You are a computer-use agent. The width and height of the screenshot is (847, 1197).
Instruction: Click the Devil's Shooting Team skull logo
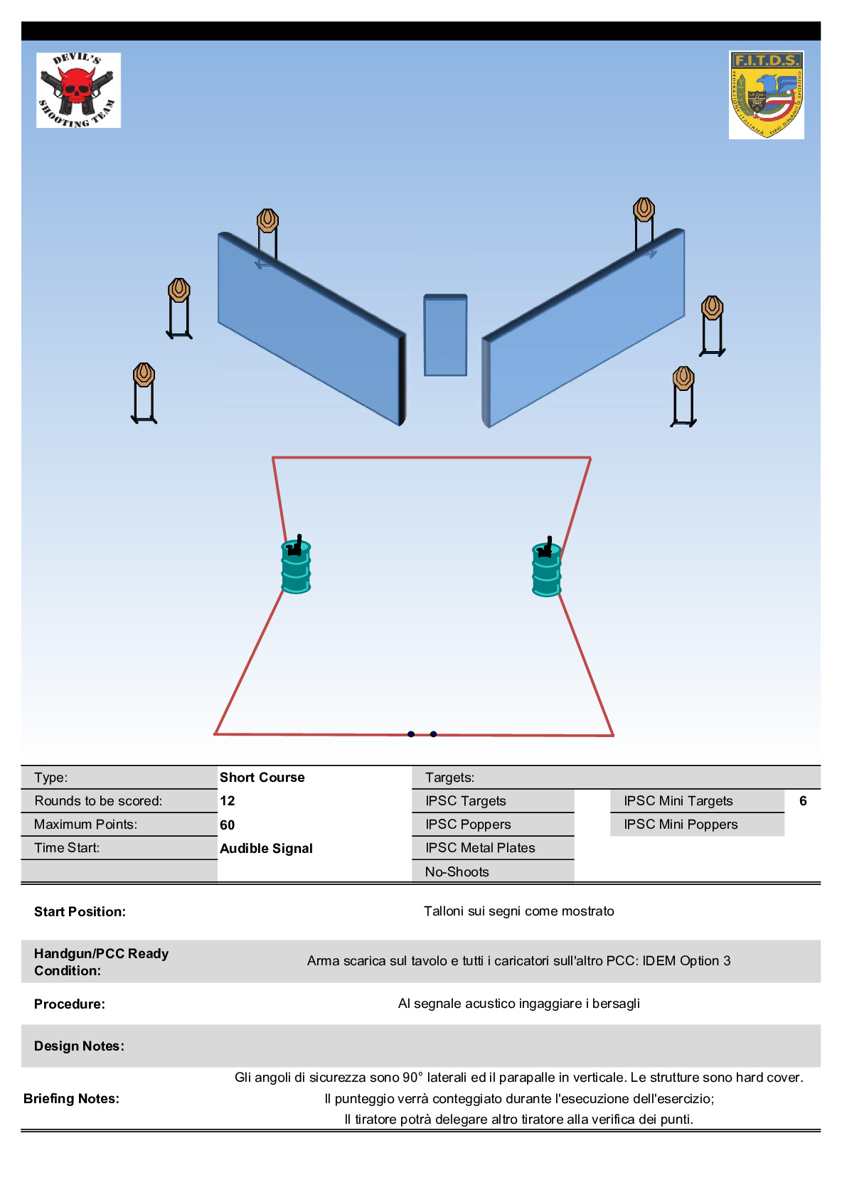click(x=78, y=90)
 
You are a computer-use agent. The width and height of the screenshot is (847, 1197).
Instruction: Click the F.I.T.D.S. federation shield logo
click(x=766, y=95)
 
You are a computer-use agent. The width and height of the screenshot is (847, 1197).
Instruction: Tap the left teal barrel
click(x=296, y=567)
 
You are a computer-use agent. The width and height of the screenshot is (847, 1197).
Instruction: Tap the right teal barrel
click(x=546, y=569)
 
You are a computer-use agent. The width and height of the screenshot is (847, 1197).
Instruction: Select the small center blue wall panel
click(x=446, y=336)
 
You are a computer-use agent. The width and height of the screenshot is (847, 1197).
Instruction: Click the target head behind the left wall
click(x=267, y=220)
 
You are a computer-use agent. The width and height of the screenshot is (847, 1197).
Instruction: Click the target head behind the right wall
click(x=644, y=210)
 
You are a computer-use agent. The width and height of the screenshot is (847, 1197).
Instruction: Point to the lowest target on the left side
click(x=144, y=375)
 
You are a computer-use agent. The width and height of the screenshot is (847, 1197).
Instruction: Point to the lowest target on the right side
click(x=683, y=378)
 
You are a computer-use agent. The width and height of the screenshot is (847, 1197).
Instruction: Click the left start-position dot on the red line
click(x=411, y=734)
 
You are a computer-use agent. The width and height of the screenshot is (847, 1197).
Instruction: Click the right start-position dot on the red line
click(x=433, y=734)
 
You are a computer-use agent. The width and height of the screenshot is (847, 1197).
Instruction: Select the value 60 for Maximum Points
click(x=228, y=825)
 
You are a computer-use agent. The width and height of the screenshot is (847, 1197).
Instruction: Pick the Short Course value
click(x=262, y=777)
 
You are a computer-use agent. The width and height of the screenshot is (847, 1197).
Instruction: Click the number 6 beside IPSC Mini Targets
click(x=803, y=801)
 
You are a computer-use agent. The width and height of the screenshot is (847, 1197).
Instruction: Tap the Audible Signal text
click(x=266, y=848)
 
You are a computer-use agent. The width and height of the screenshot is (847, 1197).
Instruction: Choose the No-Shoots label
click(x=457, y=871)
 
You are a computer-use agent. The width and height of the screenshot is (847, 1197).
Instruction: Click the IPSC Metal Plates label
click(x=480, y=847)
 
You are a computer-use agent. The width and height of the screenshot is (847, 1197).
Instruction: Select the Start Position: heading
click(x=80, y=911)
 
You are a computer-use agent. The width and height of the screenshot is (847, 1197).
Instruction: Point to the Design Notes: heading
click(x=79, y=1046)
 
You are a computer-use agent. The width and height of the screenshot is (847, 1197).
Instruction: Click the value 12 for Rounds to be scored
click(x=228, y=801)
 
